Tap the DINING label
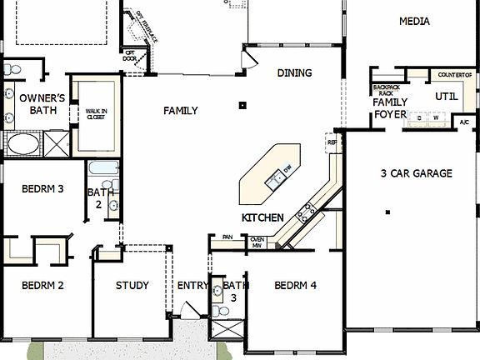pos(294,73)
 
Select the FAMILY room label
pos(180,110)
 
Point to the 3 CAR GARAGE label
pos(417,173)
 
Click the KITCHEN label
pos(262,217)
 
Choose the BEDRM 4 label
pos(296,285)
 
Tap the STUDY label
pos(132,285)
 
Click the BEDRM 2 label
pos(43,285)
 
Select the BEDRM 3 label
pos(42,188)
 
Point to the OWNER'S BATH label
pos(37,103)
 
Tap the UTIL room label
pos(447,96)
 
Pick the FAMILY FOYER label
pos(389,107)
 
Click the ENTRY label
pos(192,285)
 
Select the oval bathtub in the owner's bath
pos(22,143)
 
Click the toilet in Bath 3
pos(220,310)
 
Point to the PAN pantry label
pos(227,237)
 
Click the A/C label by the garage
pos(464,122)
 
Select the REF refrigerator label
pos(332,142)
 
